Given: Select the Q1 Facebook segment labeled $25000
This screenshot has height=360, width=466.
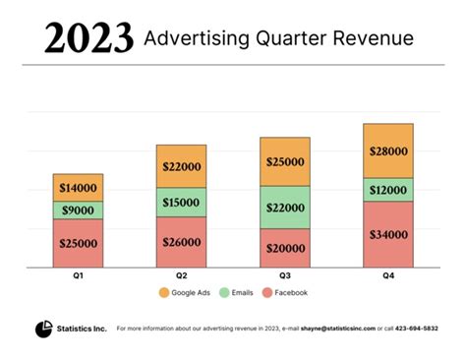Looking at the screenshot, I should pyautogui.click(x=78, y=243).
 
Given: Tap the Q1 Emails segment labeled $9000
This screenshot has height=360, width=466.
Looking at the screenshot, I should pyautogui.click(x=78, y=210).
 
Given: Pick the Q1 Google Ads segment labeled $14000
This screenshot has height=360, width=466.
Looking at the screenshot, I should pyautogui.click(x=78, y=187).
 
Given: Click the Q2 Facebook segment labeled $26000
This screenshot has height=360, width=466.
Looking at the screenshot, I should pyautogui.click(x=182, y=242).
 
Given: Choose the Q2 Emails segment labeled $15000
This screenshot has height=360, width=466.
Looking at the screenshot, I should pyautogui.click(x=182, y=203).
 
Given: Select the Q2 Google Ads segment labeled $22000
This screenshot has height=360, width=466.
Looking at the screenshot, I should pyautogui.click(x=182, y=166).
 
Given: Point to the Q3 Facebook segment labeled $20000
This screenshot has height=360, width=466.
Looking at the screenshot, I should pyautogui.click(x=285, y=248).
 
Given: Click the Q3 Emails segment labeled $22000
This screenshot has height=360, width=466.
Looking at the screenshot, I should pyautogui.click(x=285, y=208).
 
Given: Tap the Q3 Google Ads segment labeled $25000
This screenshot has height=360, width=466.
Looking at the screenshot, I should pyautogui.click(x=285, y=161).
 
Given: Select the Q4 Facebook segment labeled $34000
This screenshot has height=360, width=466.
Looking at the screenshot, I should pyautogui.click(x=388, y=234).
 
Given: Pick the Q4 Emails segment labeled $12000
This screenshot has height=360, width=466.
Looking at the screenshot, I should pyautogui.click(x=388, y=189).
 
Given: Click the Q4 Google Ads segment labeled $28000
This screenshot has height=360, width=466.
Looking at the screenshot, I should pyautogui.click(x=388, y=150).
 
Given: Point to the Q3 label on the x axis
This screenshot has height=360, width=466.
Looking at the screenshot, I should pyautogui.click(x=285, y=276).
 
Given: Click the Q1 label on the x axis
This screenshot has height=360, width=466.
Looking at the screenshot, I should pyautogui.click(x=78, y=276).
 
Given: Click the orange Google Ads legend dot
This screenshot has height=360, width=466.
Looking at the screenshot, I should pyautogui.click(x=163, y=293).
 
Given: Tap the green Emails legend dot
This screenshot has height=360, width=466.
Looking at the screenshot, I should pyautogui.click(x=222, y=293).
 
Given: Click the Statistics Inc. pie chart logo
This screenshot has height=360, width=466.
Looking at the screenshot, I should pyautogui.click(x=43, y=328).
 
